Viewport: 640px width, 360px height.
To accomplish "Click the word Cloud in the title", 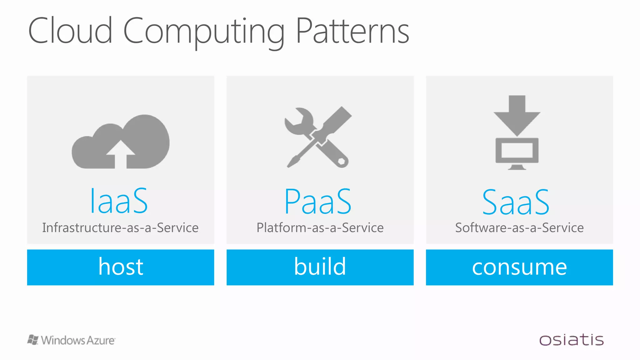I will [70, 31].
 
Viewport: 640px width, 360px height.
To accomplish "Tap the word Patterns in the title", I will [352, 31].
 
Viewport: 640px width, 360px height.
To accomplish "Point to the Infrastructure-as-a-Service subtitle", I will [120, 227].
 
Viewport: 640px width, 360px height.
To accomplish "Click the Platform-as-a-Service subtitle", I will [320, 227].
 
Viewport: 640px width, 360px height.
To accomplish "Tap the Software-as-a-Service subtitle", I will [519, 227].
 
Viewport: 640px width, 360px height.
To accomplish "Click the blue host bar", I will [121, 267].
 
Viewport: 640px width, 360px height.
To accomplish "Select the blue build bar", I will [320, 267].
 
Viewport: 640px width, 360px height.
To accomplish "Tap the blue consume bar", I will [519, 267].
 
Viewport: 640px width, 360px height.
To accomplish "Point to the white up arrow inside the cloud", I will [121, 153].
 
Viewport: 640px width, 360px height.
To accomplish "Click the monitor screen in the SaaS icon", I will [517, 150].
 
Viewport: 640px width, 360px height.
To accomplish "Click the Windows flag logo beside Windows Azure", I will [33, 340].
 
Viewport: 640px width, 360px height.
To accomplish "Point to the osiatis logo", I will [571, 340].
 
